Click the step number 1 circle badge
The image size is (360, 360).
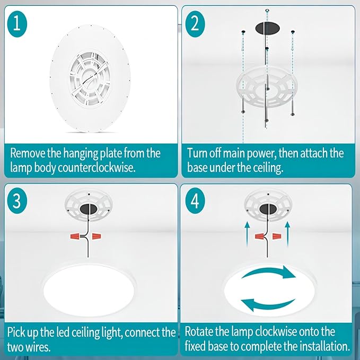17,24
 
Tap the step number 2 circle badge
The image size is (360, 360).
195,24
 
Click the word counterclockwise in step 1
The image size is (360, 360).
96,168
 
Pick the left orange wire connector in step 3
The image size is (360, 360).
76,236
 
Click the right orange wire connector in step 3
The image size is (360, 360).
96,236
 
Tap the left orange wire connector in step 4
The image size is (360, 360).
260,236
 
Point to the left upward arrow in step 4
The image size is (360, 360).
247,234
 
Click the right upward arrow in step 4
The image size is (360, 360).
287,234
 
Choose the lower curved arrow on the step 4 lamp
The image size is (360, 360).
267,305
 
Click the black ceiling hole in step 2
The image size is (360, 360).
267,28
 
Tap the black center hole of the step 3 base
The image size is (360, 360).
89,209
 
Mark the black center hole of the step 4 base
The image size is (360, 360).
268,209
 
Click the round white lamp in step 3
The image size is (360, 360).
89,290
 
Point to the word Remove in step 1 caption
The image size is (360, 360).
28,153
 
